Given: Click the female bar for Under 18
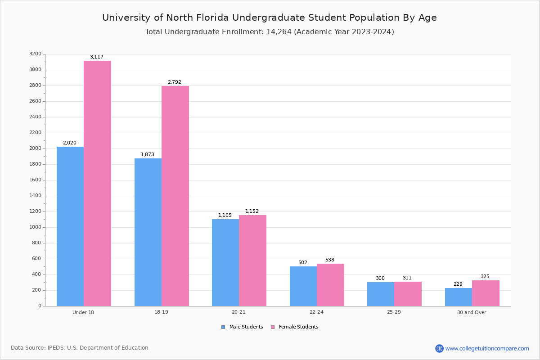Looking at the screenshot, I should (x=97, y=183).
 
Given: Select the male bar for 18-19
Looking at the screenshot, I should (x=148, y=232).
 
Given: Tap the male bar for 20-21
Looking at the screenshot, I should (x=225, y=262).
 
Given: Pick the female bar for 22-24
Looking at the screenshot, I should (x=330, y=285).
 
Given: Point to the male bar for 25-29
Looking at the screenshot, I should (x=381, y=294).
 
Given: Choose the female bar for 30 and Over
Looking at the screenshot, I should (x=486, y=293).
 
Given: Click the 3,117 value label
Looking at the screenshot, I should (x=96, y=57).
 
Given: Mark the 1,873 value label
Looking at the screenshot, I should (x=147, y=155).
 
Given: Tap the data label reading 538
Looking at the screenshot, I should (x=329, y=260).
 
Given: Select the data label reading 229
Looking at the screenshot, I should (x=458, y=284).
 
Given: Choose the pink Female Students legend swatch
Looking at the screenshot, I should (x=273, y=327).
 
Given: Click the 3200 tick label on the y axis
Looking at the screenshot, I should (x=35, y=54).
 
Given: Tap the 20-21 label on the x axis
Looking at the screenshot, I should (x=238, y=312).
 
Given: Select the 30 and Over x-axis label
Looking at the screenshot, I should (x=472, y=312).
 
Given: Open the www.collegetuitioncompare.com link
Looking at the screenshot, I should (x=487, y=348).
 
